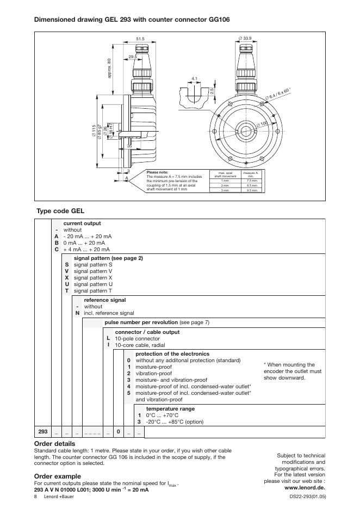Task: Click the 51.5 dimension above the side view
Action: point(140,39)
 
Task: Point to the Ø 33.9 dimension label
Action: point(244,38)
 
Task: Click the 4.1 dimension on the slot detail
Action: point(195,78)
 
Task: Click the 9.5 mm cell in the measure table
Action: point(251,190)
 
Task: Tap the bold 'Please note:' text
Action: point(158,172)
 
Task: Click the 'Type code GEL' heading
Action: point(60,210)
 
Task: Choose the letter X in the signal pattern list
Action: point(66,277)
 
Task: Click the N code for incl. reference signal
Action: point(77,313)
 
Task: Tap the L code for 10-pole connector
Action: point(108,338)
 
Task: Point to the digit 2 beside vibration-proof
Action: point(129,374)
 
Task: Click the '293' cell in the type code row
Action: point(43,431)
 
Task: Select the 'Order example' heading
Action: point(57,476)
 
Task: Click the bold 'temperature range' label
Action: point(170,408)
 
